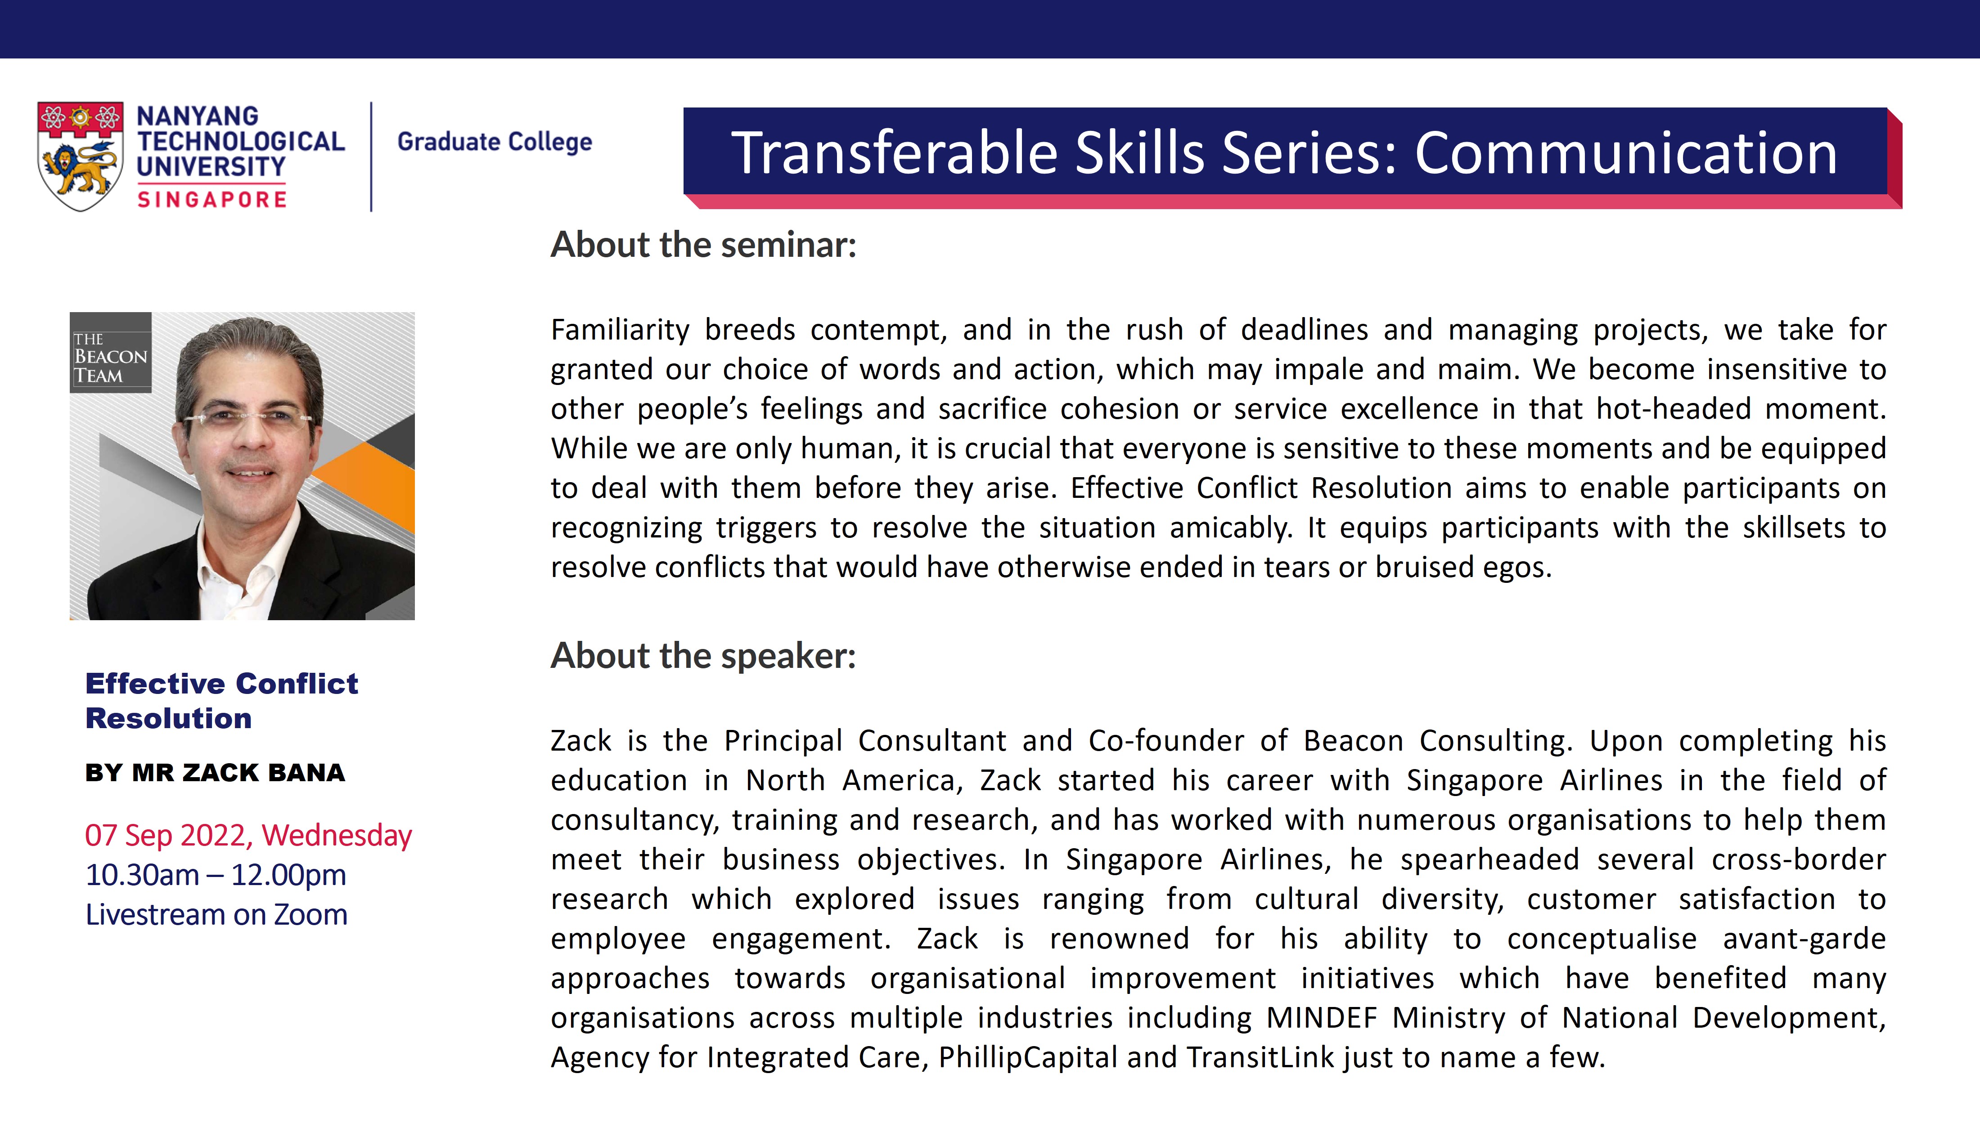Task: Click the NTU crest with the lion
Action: click(x=80, y=156)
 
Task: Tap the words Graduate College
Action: click(x=495, y=142)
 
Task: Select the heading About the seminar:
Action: click(x=703, y=245)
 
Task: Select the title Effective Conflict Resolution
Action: click(x=222, y=701)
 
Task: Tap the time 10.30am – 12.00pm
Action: click(x=216, y=875)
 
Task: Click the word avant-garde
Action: click(x=1804, y=939)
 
